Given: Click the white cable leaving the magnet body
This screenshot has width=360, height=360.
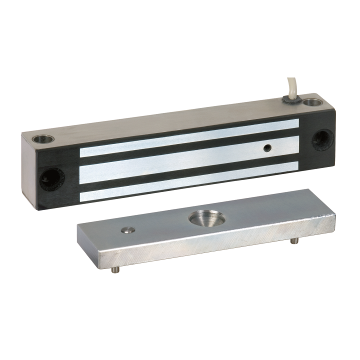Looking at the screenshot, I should coord(293,85).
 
